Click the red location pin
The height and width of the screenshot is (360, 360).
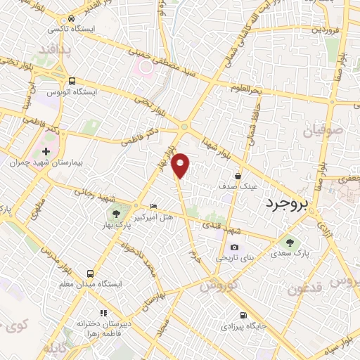[181, 165]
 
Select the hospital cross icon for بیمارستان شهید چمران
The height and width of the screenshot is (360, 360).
[46, 151]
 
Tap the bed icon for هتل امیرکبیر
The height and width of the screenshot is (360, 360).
[154, 206]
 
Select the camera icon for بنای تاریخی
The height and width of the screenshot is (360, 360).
[234, 247]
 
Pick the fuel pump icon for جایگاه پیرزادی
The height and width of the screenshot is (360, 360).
[243, 315]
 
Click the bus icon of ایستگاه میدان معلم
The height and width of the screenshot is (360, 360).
[90, 274]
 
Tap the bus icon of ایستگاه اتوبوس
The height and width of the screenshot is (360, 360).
[72, 81]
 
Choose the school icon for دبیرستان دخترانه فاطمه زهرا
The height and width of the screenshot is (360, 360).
[103, 312]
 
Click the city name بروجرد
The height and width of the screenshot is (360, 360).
[287, 205]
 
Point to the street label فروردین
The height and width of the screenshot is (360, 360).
[326, 30]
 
